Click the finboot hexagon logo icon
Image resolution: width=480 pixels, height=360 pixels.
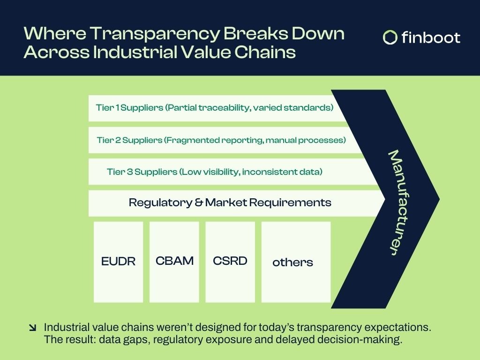[390, 37]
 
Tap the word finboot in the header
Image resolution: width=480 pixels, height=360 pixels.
[431, 37]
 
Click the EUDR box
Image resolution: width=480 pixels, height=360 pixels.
[118, 262]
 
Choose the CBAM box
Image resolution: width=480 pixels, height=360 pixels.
[174, 261]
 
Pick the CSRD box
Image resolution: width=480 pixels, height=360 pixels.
[230, 261]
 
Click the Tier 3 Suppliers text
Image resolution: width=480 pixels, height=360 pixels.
[142, 172]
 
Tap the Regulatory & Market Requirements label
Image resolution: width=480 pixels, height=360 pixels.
[230, 202]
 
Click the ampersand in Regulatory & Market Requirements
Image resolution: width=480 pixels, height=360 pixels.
[198, 203]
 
